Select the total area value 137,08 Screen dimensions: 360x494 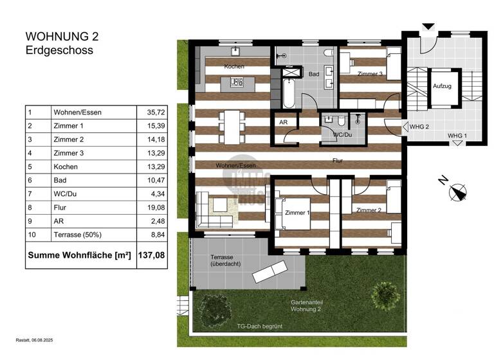pos(151,255)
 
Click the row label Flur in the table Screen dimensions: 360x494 pos(59,208)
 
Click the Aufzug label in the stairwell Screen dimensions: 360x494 pos(441,86)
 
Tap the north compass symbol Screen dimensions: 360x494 pos(459,192)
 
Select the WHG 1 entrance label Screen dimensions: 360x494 pos(457,136)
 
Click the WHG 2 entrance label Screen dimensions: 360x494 pos(419,127)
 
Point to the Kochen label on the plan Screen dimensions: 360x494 pos(233,67)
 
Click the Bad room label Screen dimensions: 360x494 pos(313,75)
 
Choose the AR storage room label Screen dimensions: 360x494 pos(282,122)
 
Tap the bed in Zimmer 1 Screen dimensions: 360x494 pos(293,214)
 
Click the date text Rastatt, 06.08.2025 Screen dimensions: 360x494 pos(41,340)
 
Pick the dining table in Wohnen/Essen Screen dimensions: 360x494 pos(232,127)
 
